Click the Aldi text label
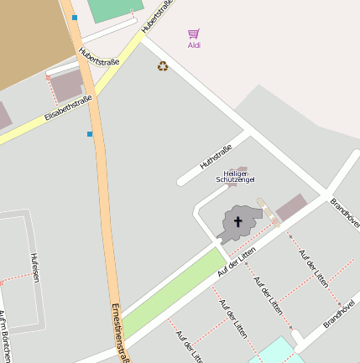(x=194, y=45)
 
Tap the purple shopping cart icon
(x=194, y=34)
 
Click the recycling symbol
(x=163, y=65)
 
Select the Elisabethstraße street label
(x=68, y=110)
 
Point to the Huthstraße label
(x=216, y=158)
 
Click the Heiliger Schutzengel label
(x=235, y=176)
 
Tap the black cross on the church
(x=237, y=222)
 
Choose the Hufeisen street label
(x=35, y=267)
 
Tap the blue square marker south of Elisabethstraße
(x=90, y=133)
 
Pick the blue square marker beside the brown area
(x=75, y=17)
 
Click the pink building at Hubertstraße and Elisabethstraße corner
(x=68, y=86)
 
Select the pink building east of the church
(x=291, y=207)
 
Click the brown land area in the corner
(x=29, y=38)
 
